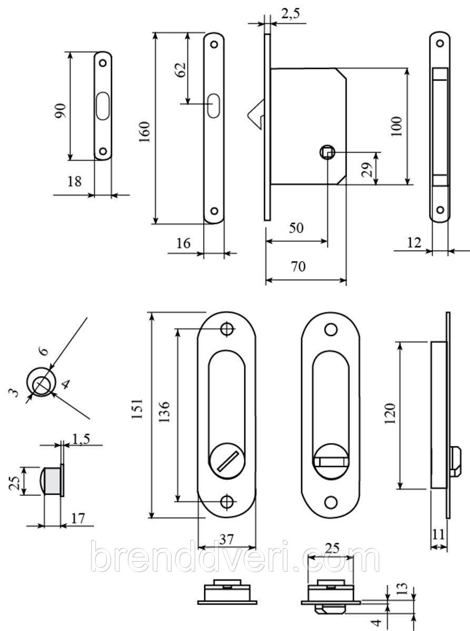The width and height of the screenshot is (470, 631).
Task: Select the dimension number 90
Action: click(x=61, y=110)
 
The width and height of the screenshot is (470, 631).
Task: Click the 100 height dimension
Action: click(x=396, y=127)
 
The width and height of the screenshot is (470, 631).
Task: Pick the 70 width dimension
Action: click(x=298, y=267)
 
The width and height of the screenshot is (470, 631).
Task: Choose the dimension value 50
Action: click(x=296, y=228)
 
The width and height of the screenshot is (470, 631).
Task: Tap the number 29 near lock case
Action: click(x=367, y=169)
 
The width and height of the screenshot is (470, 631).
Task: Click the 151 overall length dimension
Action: click(x=137, y=408)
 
